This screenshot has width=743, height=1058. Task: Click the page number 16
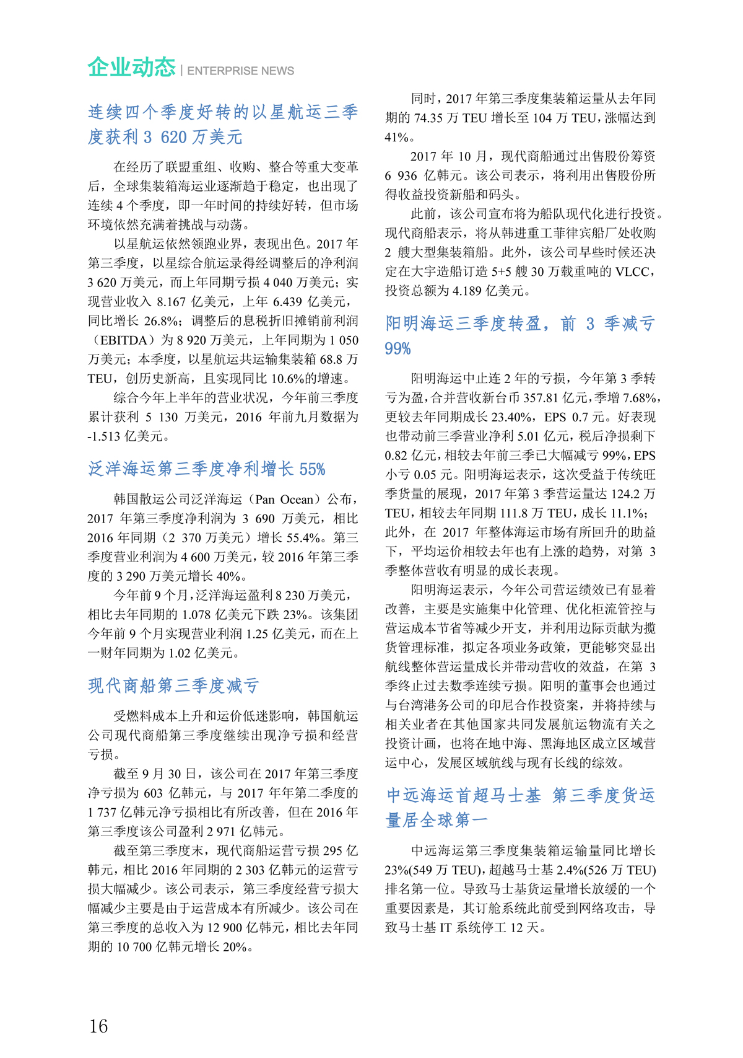98,1026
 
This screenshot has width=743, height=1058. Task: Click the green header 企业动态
131,67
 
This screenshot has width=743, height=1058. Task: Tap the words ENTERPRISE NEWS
240,71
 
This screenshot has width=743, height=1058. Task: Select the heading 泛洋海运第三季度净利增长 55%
206,469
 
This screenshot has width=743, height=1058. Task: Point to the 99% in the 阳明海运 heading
398,348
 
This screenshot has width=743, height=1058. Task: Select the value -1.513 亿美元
125,436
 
